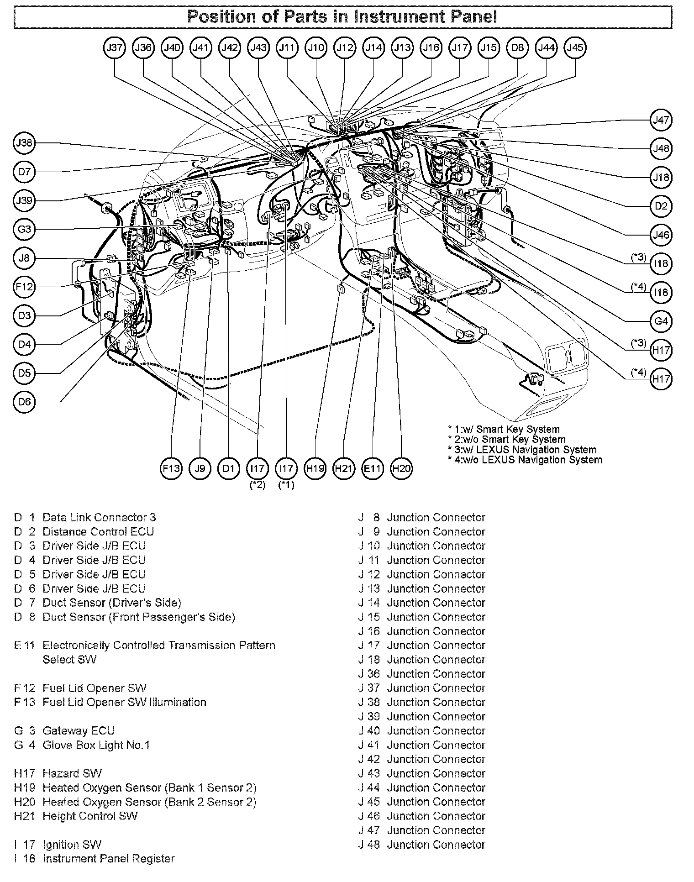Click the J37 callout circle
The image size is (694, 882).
point(115,47)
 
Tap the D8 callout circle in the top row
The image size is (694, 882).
point(517,47)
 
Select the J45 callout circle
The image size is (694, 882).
point(575,47)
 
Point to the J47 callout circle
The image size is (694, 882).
point(661,120)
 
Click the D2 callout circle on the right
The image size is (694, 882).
point(661,206)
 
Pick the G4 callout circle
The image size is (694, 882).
point(661,321)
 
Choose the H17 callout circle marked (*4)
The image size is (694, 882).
point(661,379)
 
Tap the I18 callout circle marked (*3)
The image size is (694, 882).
point(661,263)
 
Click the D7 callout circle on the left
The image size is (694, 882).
point(24,172)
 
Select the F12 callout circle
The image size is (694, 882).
point(24,287)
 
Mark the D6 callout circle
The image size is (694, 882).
point(24,402)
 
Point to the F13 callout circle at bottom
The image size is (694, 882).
point(171,468)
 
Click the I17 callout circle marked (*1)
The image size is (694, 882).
point(286,468)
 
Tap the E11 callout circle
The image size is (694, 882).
point(373,468)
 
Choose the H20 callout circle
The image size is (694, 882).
point(402,468)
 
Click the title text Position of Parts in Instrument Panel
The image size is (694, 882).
point(342,17)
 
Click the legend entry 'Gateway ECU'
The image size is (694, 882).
point(78,731)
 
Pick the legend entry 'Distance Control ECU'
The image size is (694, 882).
point(98,532)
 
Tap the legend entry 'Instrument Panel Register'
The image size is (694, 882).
point(108,859)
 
